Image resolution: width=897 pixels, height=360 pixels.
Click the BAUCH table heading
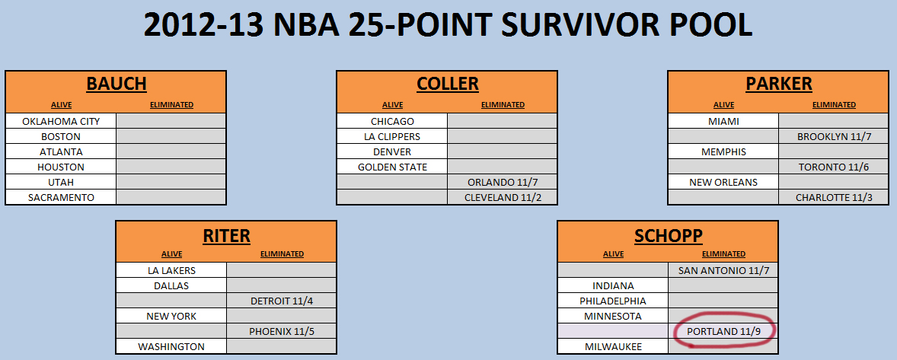[x=117, y=84]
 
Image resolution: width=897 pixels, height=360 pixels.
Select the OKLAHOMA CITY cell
[x=61, y=121]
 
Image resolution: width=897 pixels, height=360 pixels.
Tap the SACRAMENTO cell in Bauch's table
[x=61, y=197]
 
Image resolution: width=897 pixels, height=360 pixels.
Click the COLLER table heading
[x=447, y=84]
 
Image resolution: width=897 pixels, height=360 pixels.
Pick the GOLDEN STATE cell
[x=392, y=167]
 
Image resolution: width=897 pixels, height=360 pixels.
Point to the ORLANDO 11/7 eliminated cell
[x=503, y=183]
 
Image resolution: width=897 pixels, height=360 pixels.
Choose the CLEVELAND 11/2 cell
[x=503, y=197]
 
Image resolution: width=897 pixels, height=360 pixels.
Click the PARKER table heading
[x=778, y=84]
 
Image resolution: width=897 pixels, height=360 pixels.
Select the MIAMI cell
[x=723, y=121]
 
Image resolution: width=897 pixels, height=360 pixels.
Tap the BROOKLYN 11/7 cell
[x=834, y=136]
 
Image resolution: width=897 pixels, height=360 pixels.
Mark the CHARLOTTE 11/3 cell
[x=834, y=197]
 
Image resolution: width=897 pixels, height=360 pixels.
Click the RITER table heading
[x=227, y=234]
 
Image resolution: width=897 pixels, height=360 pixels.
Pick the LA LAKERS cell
[x=171, y=270]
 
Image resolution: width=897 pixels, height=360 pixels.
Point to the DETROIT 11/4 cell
[x=282, y=301]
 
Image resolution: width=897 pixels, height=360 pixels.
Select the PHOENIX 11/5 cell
[x=282, y=331]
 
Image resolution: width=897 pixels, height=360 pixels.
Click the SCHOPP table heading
[x=668, y=234]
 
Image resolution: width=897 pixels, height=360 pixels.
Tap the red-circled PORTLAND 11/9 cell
[x=723, y=331]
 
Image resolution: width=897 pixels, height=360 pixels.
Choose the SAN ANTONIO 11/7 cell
[x=723, y=270]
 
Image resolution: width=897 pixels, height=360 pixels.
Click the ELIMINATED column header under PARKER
[x=834, y=104]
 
